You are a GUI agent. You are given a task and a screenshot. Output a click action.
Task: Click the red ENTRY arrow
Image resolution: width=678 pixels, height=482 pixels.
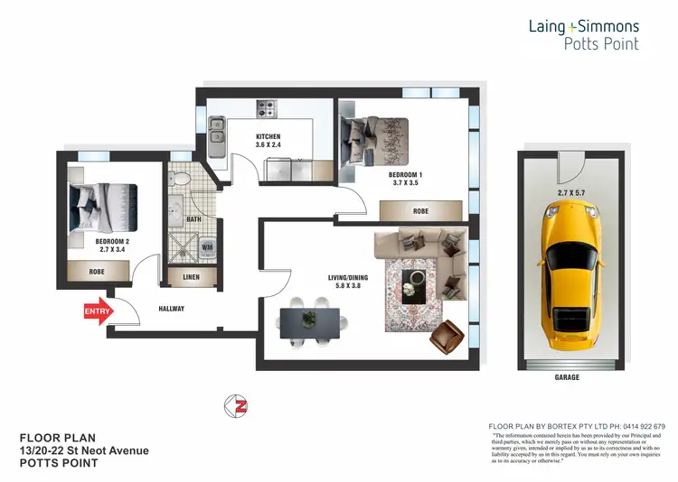[97, 312]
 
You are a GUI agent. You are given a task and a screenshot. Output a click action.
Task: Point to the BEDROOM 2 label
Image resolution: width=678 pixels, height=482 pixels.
[114, 242]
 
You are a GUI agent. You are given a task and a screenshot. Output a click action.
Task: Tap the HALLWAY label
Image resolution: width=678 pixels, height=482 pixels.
[171, 309]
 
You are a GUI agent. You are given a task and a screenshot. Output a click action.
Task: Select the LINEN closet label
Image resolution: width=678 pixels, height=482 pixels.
[192, 277]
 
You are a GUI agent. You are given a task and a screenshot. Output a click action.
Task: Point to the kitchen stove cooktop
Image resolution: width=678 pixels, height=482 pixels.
[267, 110]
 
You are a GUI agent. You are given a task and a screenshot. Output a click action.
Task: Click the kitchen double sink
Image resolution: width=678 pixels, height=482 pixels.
[217, 131]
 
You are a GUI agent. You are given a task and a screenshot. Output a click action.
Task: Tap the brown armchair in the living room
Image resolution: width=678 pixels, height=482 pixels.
[445, 338]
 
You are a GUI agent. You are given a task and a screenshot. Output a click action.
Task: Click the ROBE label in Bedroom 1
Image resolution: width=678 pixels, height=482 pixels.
[420, 211]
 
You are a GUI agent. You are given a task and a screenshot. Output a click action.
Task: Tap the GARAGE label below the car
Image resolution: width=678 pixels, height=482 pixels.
[568, 379]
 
